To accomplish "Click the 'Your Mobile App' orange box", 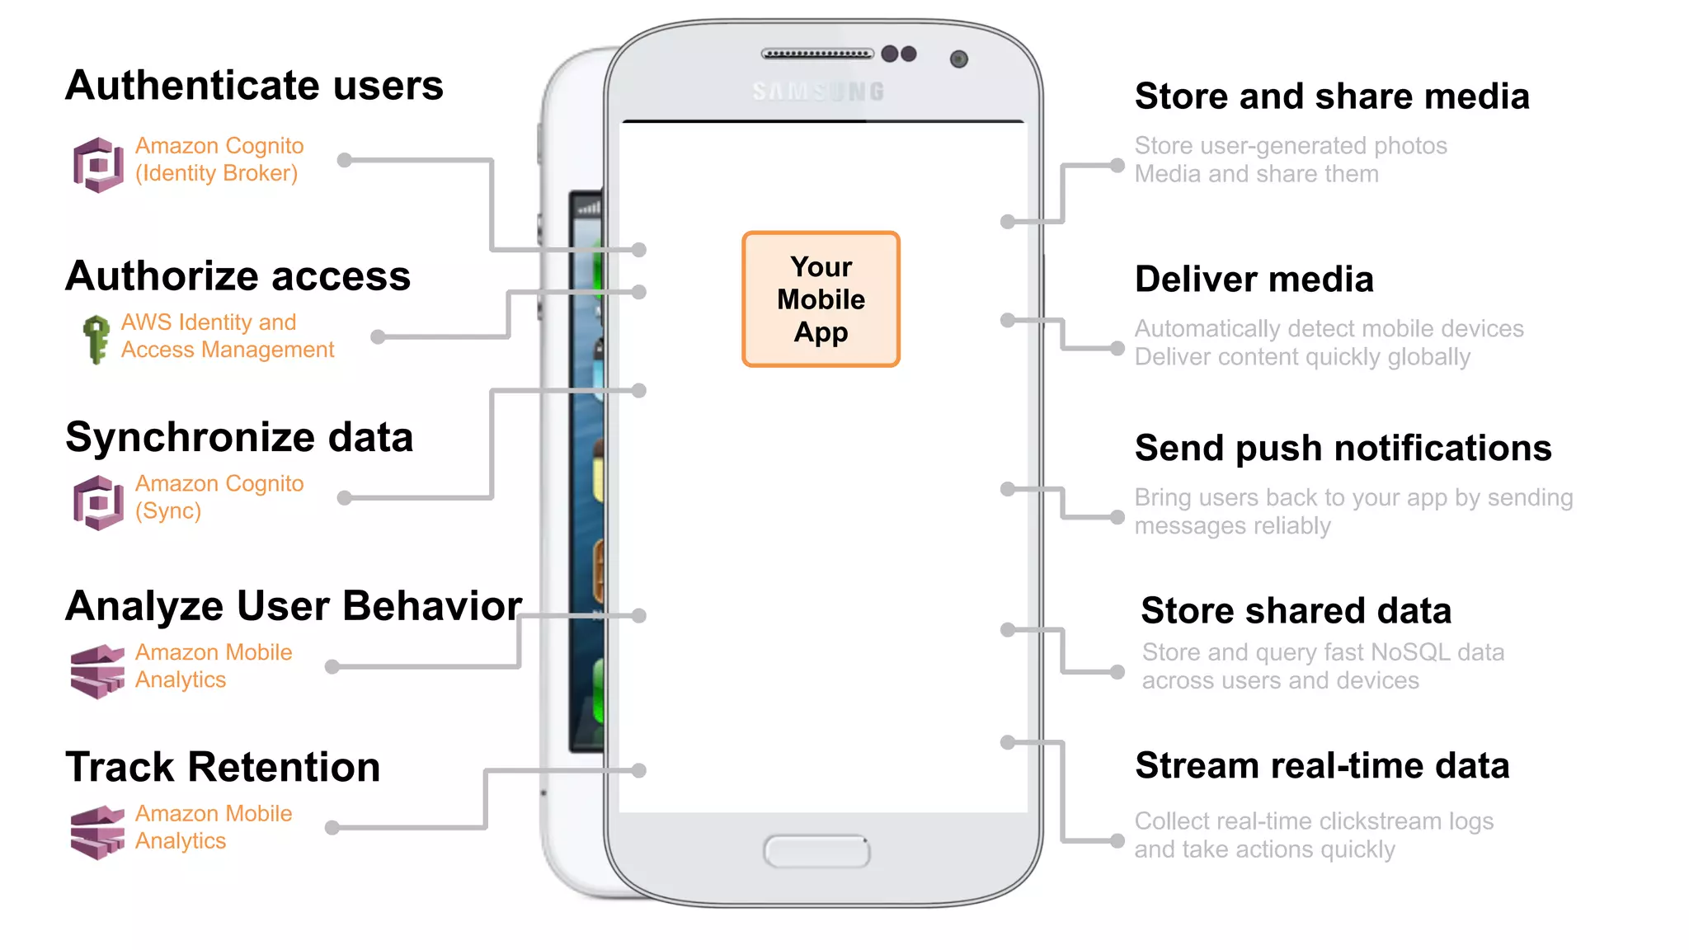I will (x=821, y=299).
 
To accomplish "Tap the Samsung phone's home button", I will (x=816, y=851).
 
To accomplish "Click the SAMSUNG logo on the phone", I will (x=818, y=92).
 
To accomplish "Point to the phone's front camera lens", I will (x=958, y=59).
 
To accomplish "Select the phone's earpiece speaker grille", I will (x=816, y=54).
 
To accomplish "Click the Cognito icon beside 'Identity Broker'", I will (x=98, y=165).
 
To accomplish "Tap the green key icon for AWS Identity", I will (x=96, y=338).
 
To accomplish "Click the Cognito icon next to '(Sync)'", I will (x=98, y=502).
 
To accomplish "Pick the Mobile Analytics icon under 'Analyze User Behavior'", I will (x=97, y=671).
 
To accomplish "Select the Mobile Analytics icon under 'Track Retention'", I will (x=97, y=832).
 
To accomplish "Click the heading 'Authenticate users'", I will (x=254, y=86).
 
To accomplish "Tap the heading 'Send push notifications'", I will (x=1343, y=449).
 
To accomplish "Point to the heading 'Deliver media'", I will (x=1254, y=280).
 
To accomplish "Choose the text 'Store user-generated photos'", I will (x=1290, y=146).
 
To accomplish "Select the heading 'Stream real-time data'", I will (x=1321, y=766).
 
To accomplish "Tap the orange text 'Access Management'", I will (x=228, y=350).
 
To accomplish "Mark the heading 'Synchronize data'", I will (x=239, y=437).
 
